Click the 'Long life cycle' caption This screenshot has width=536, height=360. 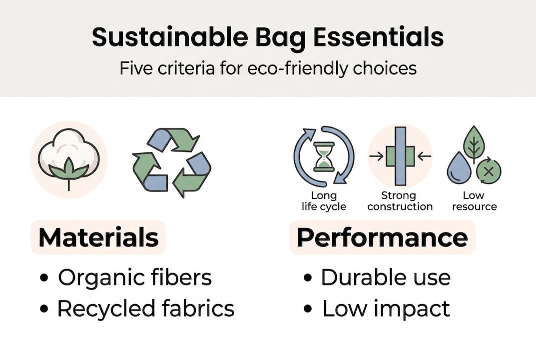coord(323,200)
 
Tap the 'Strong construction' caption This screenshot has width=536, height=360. coord(400,200)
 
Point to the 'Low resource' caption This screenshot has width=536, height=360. coord(474,200)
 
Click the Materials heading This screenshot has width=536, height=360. coord(98,237)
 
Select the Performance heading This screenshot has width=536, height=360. coord(382,237)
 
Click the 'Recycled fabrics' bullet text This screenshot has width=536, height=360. coord(145,309)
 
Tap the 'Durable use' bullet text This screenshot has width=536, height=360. coord(385,278)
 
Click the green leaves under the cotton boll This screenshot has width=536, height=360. coord(68,170)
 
